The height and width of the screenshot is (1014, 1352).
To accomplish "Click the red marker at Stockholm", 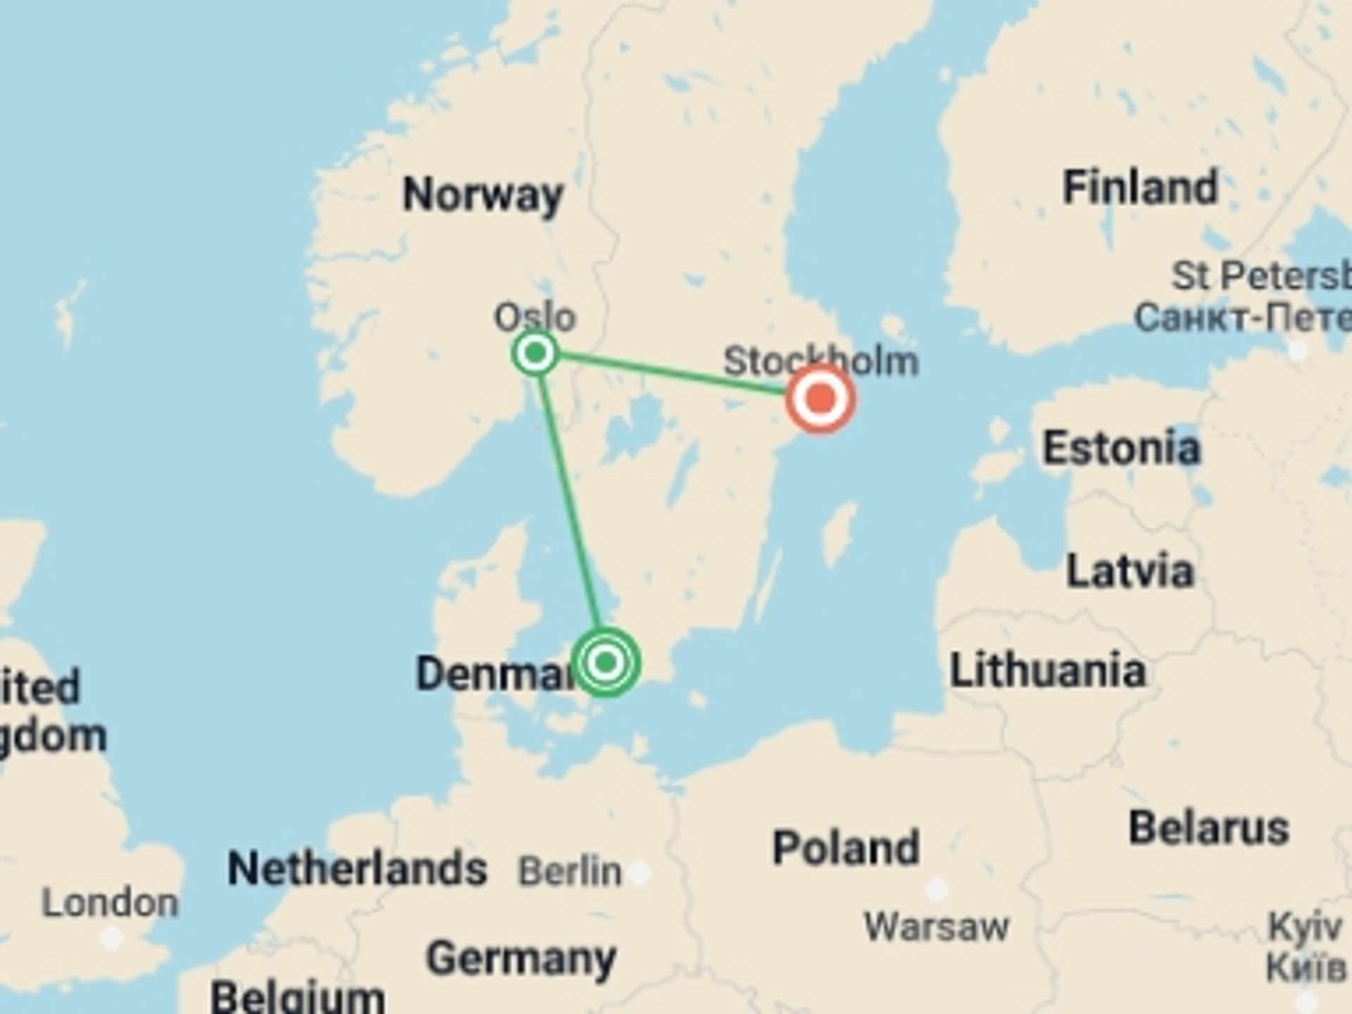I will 820,399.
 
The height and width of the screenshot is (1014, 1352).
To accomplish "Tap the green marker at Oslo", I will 536,352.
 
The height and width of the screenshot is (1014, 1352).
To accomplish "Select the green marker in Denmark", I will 606,662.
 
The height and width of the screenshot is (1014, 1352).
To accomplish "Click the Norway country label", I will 482,194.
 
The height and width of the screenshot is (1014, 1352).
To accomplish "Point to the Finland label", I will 1139,187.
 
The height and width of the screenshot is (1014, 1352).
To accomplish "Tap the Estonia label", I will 1121,448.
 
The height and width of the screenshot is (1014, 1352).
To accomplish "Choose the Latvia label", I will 1129,570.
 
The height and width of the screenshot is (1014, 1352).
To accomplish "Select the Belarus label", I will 1208,827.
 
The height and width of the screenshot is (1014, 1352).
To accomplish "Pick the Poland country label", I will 846,847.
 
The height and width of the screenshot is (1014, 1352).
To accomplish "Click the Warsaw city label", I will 936,926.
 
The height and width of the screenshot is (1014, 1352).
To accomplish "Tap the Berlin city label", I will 570,871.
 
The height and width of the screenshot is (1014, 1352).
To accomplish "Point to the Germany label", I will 521,958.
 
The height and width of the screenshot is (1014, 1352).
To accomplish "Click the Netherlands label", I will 357,868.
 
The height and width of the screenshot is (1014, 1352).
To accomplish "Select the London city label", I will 110,903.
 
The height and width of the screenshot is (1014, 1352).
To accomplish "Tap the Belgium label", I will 297,996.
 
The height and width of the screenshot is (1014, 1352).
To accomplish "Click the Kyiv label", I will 1304,927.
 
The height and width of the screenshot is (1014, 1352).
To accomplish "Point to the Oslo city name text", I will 534,317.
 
